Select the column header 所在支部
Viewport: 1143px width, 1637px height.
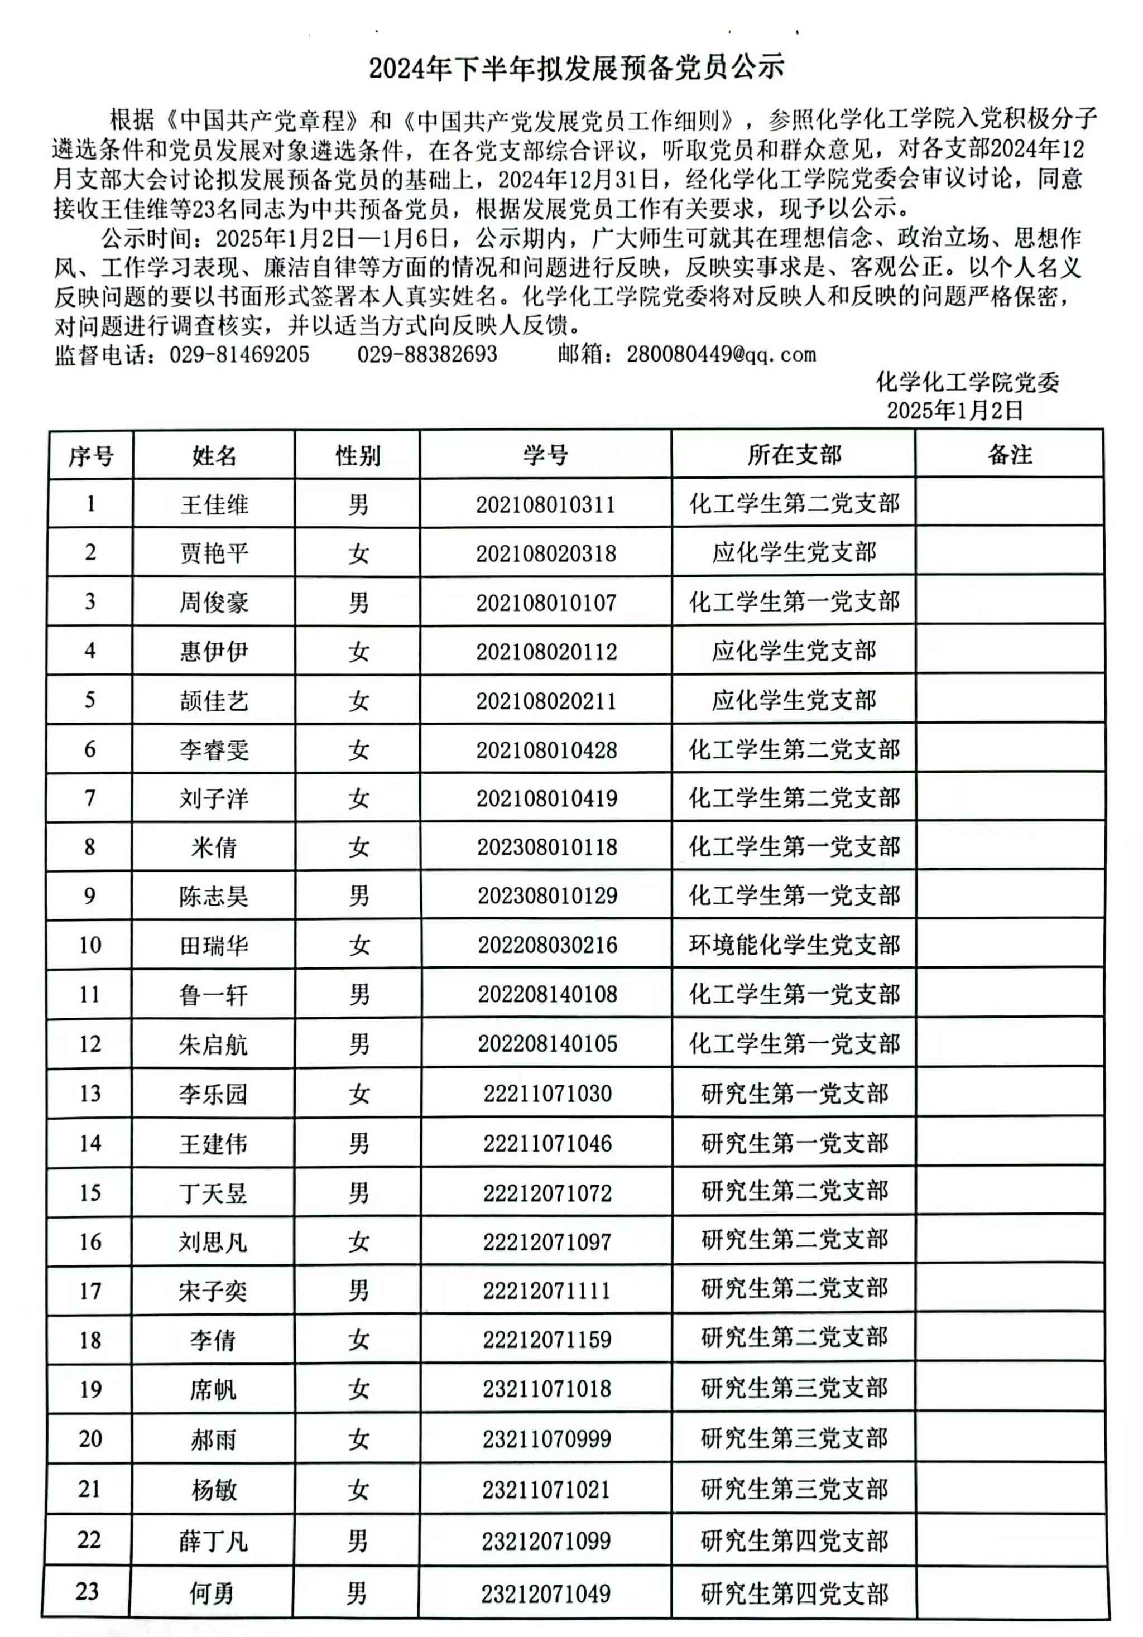[x=794, y=455]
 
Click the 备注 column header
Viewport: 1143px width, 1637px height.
[x=1010, y=455]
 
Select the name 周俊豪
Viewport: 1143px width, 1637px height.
[x=214, y=603]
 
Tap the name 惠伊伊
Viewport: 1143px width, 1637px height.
[x=214, y=652]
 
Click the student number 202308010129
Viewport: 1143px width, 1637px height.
[x=547, y=896]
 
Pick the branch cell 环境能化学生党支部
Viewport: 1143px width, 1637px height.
[x=794, y=945]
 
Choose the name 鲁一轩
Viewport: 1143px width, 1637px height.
[x=213, y=995]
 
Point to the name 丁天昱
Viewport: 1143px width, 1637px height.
[x=213, y=1193]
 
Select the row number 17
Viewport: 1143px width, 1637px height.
[x=90, y=1291]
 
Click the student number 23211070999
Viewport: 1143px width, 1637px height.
[x=546, y=1439]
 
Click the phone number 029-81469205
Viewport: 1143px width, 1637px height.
[x=239, y=354]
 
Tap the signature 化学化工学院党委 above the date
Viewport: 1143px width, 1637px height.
[x=967, y=383]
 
